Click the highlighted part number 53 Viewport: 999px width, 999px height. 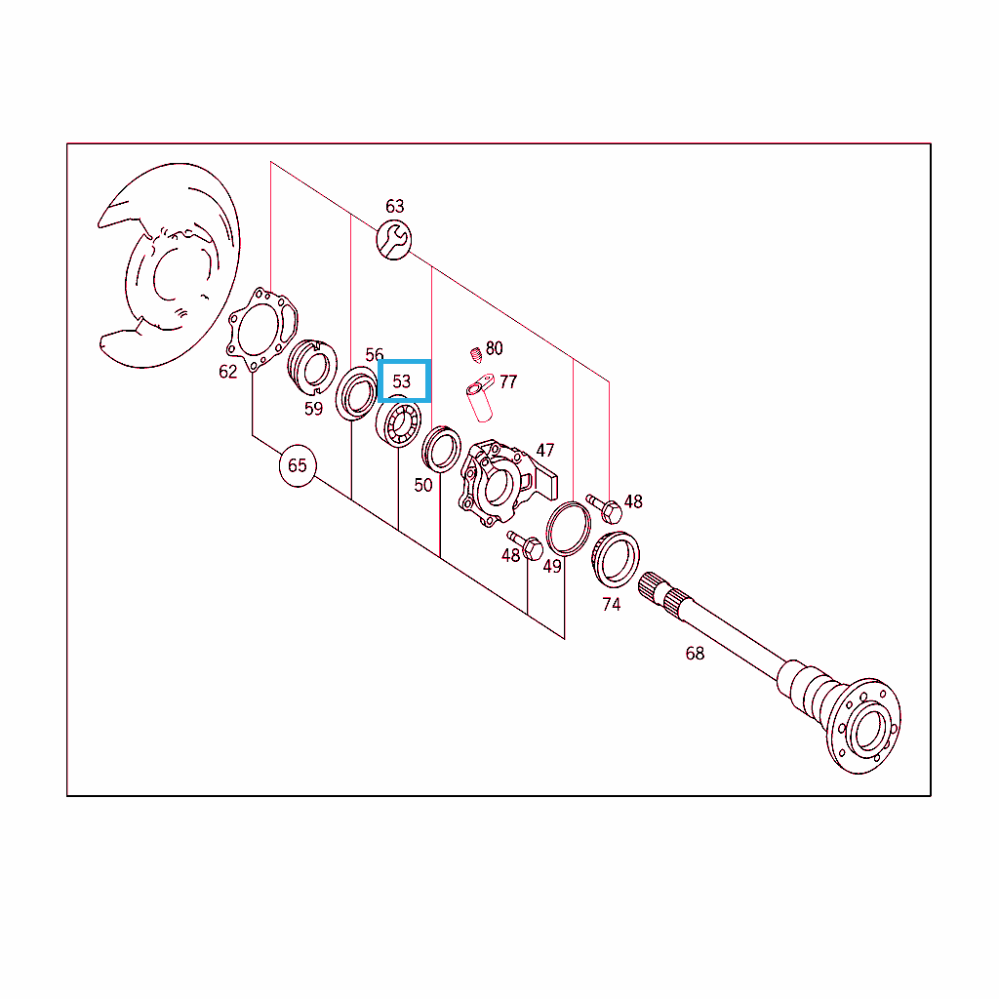tap(401, 381)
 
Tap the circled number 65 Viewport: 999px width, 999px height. tap(298, 465)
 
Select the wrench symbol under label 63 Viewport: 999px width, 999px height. tap(394, 240)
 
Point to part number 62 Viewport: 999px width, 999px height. tap(228, 372)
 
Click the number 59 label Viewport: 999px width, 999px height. tap(313, 409)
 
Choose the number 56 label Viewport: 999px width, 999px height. tap(375, 355)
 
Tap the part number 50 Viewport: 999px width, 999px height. tap(423, 486)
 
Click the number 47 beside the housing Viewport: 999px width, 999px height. tap(545, 451)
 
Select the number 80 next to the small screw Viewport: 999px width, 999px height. tap(495, 348)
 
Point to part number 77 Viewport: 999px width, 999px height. tap(508, 382)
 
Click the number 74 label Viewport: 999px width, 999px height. tap(612, 605)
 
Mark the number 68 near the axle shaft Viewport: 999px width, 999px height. tap(695, 654)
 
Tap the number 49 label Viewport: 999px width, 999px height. tap(552, 567)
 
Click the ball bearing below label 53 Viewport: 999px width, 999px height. tap(398, 421)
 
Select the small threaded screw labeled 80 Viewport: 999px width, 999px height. tap(476, 355)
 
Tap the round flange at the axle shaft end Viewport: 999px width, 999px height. tap(863, 726)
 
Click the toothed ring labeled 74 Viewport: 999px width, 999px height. tap(616, 559)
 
